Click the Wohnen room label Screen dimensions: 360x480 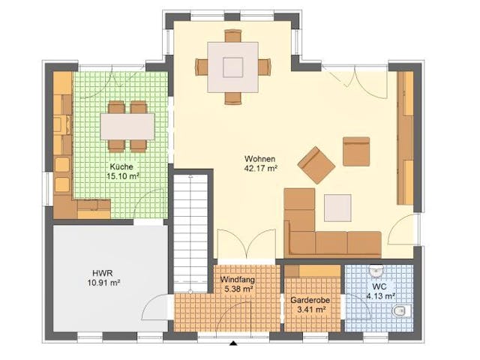point(260,159)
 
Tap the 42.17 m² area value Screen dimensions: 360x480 point(260,169)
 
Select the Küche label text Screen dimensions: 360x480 point(121,166)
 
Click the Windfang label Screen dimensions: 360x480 point(237,279)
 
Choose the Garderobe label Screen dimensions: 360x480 point(308,298)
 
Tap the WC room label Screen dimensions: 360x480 point(379,286)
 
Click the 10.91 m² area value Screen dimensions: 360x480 point(102,283)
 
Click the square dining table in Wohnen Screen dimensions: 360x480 point(232,66)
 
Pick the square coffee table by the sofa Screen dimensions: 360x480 point(337,207)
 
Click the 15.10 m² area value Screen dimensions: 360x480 point(121,176)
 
